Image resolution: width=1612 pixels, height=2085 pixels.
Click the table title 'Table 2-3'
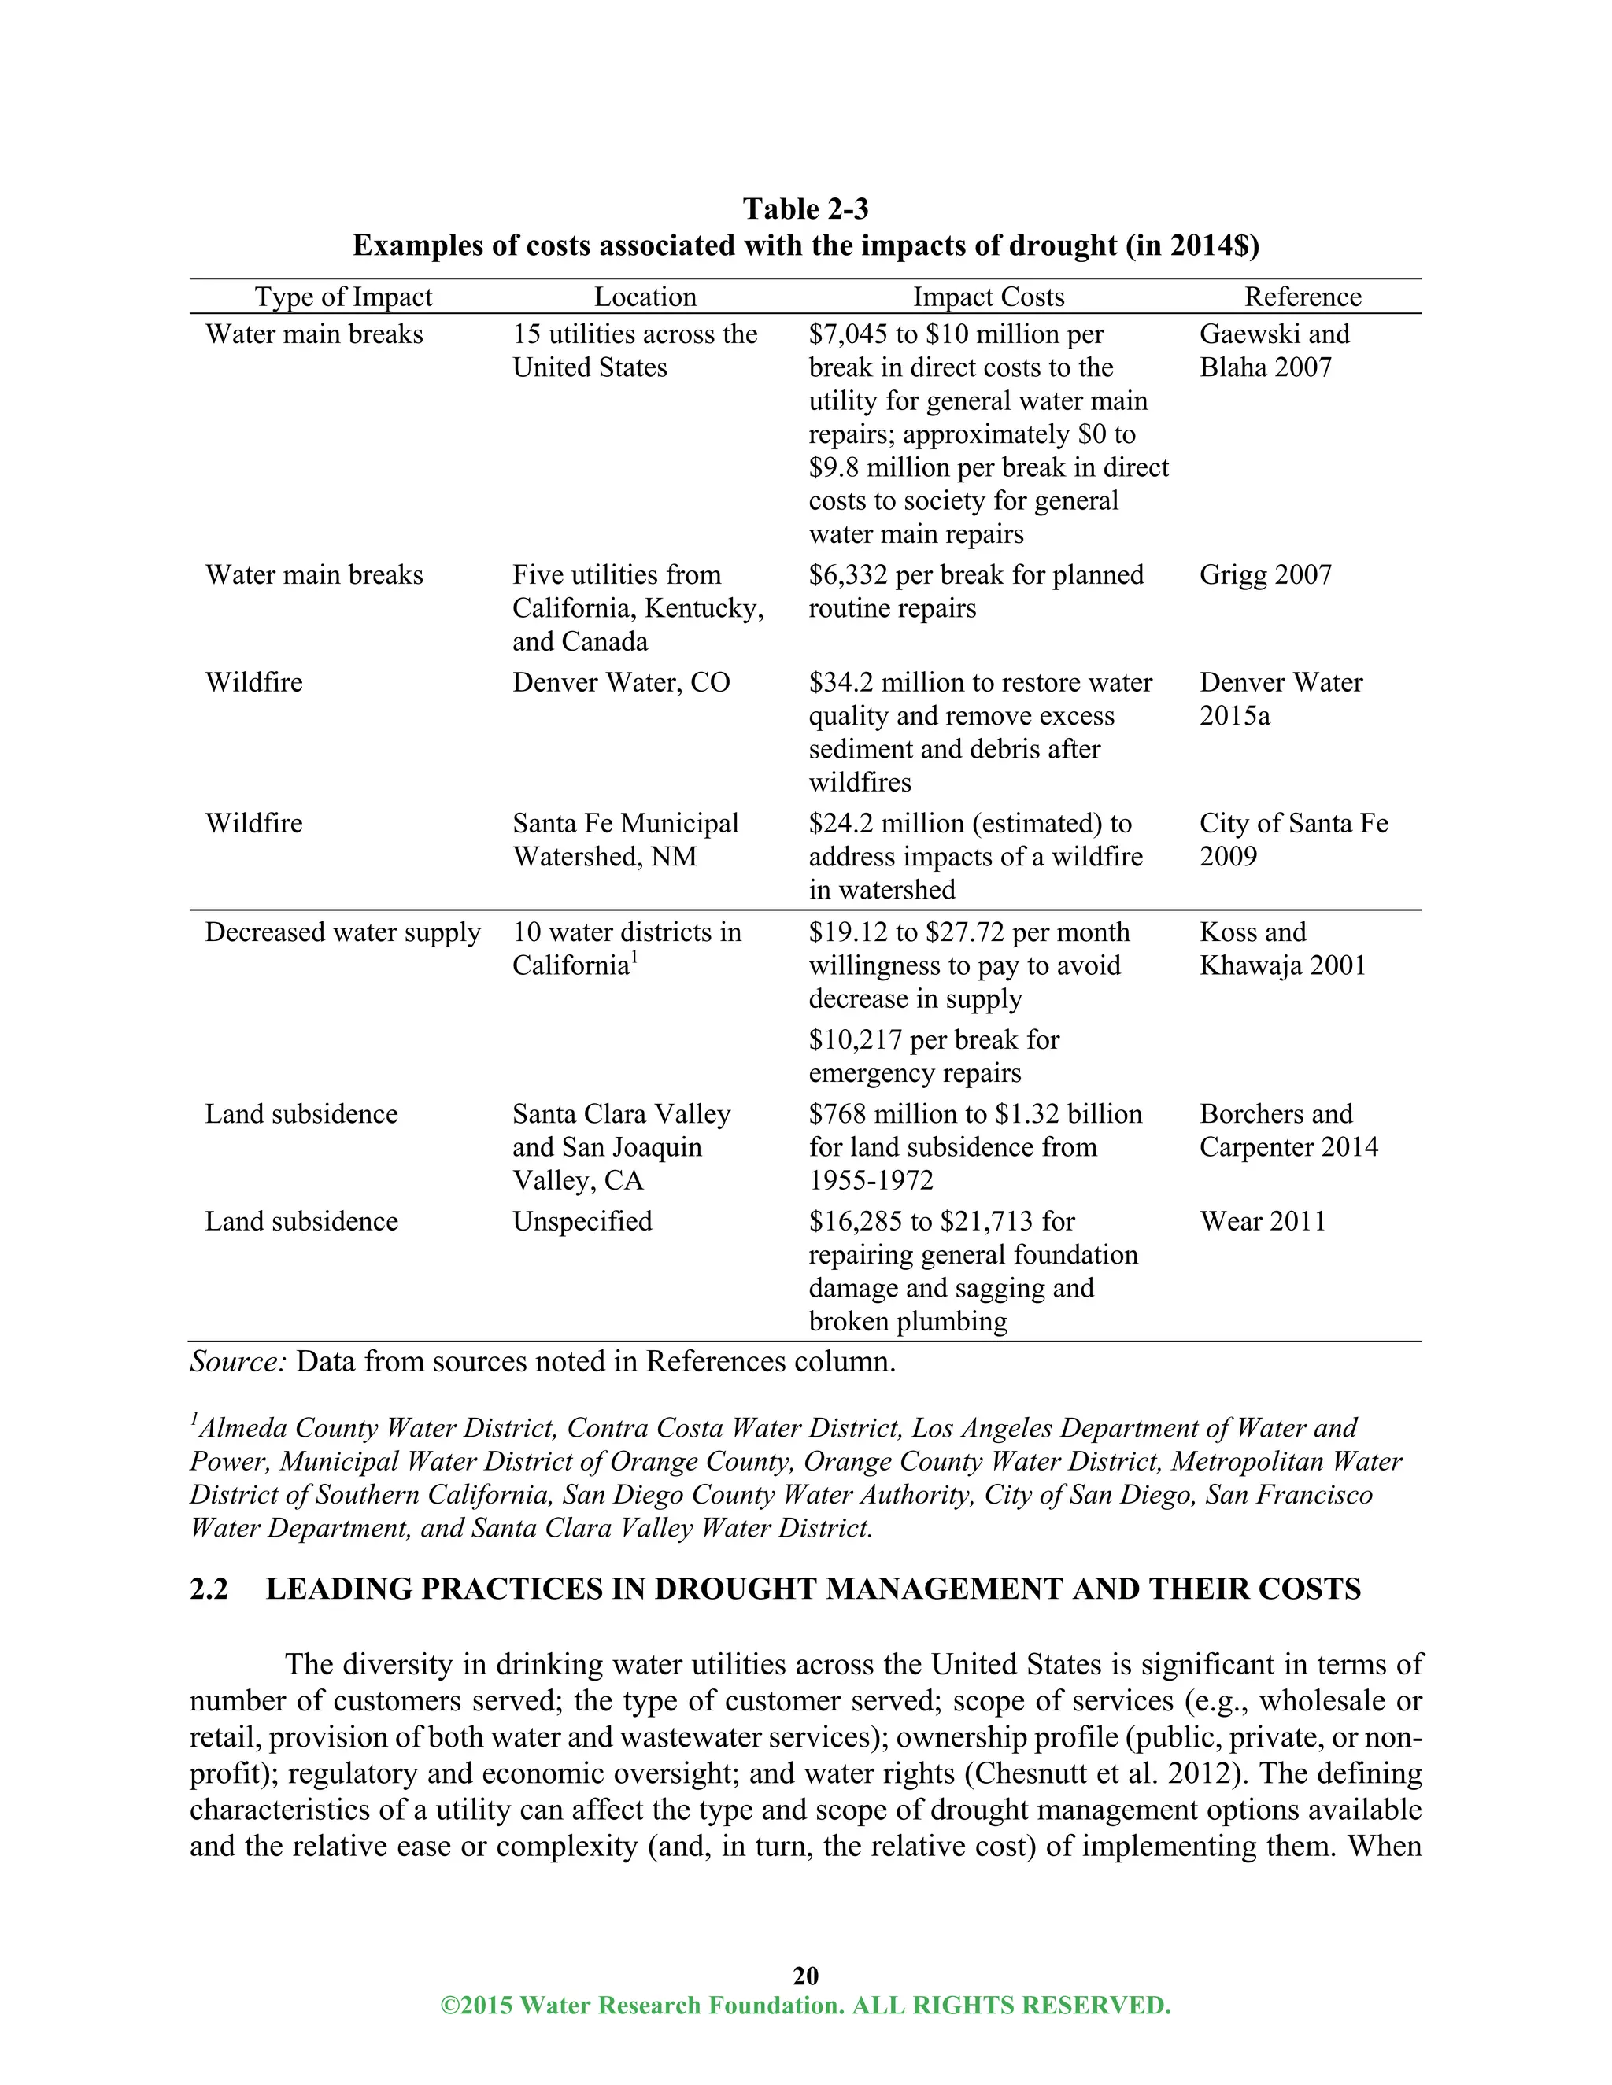805,209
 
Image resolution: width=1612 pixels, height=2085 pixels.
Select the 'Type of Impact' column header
343,297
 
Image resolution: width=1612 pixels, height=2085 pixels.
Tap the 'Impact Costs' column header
989,297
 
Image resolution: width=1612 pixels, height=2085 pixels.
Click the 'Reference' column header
1303,297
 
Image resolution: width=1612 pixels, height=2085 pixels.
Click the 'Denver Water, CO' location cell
621,683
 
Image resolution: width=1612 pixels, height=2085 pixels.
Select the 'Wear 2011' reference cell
1263,1221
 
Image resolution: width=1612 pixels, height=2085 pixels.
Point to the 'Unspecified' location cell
582,1221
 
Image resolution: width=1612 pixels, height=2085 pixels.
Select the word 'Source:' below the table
238,1361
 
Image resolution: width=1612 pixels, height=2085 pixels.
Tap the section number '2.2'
209,1589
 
